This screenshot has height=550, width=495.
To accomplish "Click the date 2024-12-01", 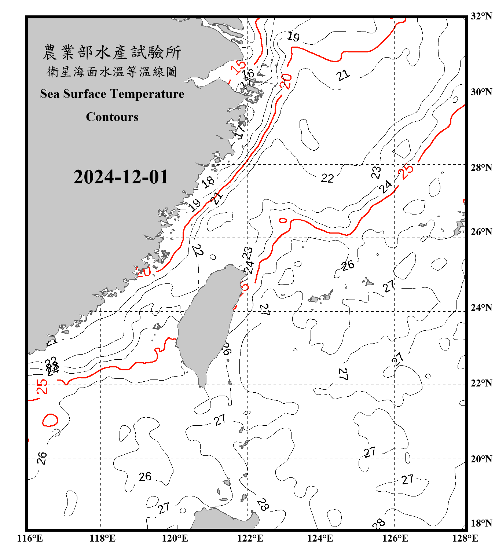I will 121,177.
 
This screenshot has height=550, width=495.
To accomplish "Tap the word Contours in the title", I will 112,117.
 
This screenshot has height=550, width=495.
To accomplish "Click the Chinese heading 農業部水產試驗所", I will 112,52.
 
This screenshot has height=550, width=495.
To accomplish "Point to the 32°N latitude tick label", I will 481,16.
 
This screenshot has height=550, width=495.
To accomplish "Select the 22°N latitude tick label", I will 481,383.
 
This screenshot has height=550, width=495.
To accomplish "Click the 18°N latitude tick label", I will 481,523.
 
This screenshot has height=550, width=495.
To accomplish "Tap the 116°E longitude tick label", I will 30,538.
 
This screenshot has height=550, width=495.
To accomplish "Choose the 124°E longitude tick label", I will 320,538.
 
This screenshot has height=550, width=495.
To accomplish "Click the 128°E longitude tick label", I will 465,538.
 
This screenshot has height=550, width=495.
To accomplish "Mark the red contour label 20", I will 286,81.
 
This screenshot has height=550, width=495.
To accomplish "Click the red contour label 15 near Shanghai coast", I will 238,67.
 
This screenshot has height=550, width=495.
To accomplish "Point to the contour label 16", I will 248,74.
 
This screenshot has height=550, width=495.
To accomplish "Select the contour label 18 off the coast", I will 208,181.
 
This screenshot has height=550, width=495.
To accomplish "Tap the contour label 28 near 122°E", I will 263,505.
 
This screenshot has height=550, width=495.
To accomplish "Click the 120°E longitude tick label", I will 175,538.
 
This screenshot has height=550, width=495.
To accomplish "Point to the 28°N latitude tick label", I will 481,168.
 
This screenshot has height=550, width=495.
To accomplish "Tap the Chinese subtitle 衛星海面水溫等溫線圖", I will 112,72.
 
